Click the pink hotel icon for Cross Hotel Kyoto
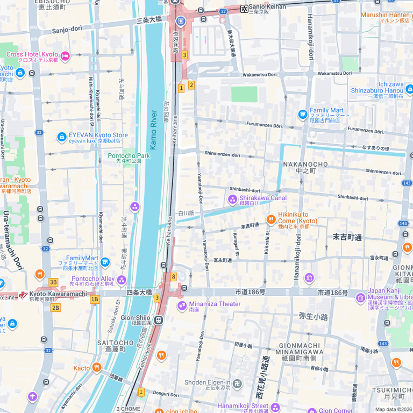[x=65, y=55]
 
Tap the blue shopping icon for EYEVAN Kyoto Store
[x=62, y=138]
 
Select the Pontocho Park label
[x=129, y=156]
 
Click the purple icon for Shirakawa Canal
[x=232, y=200]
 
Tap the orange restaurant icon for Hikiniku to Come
[x=271, y=219]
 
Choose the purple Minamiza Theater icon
[x=182, y=306]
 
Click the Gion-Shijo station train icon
[x=159, y=321]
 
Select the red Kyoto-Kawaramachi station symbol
[x=23, y=295]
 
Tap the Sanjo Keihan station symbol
[x=245, y=9]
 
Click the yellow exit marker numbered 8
[x=173, y=276]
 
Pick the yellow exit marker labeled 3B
[x=53, y=282]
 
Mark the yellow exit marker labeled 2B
[x=55, y=308]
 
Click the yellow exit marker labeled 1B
[x=95, y=300]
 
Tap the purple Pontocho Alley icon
[x=122, y=280]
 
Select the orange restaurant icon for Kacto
[x=96, y=367]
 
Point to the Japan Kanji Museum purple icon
[x=360, y=297]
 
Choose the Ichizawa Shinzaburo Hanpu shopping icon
[x=409, y=89]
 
